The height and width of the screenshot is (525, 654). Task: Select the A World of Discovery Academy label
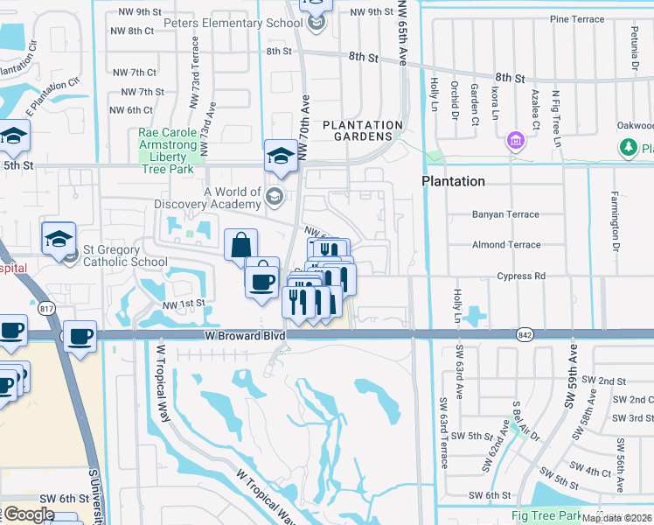coord(232,198)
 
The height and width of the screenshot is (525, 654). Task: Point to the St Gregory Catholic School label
coord(125,255)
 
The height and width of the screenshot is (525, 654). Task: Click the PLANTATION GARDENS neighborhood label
coord(362,130)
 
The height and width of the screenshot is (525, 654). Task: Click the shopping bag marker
coord(240,245)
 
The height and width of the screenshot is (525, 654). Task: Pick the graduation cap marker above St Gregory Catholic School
coord(59,239)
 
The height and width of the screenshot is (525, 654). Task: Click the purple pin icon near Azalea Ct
coord(516,140)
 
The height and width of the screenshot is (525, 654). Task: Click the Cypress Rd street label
coord(520,276)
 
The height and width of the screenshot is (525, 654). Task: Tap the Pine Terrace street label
coord(576,19)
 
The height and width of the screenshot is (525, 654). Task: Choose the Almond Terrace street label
coord(506,245)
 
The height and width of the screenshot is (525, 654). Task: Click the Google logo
coord(29,514)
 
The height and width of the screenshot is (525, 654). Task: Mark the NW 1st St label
coord(182,304)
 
